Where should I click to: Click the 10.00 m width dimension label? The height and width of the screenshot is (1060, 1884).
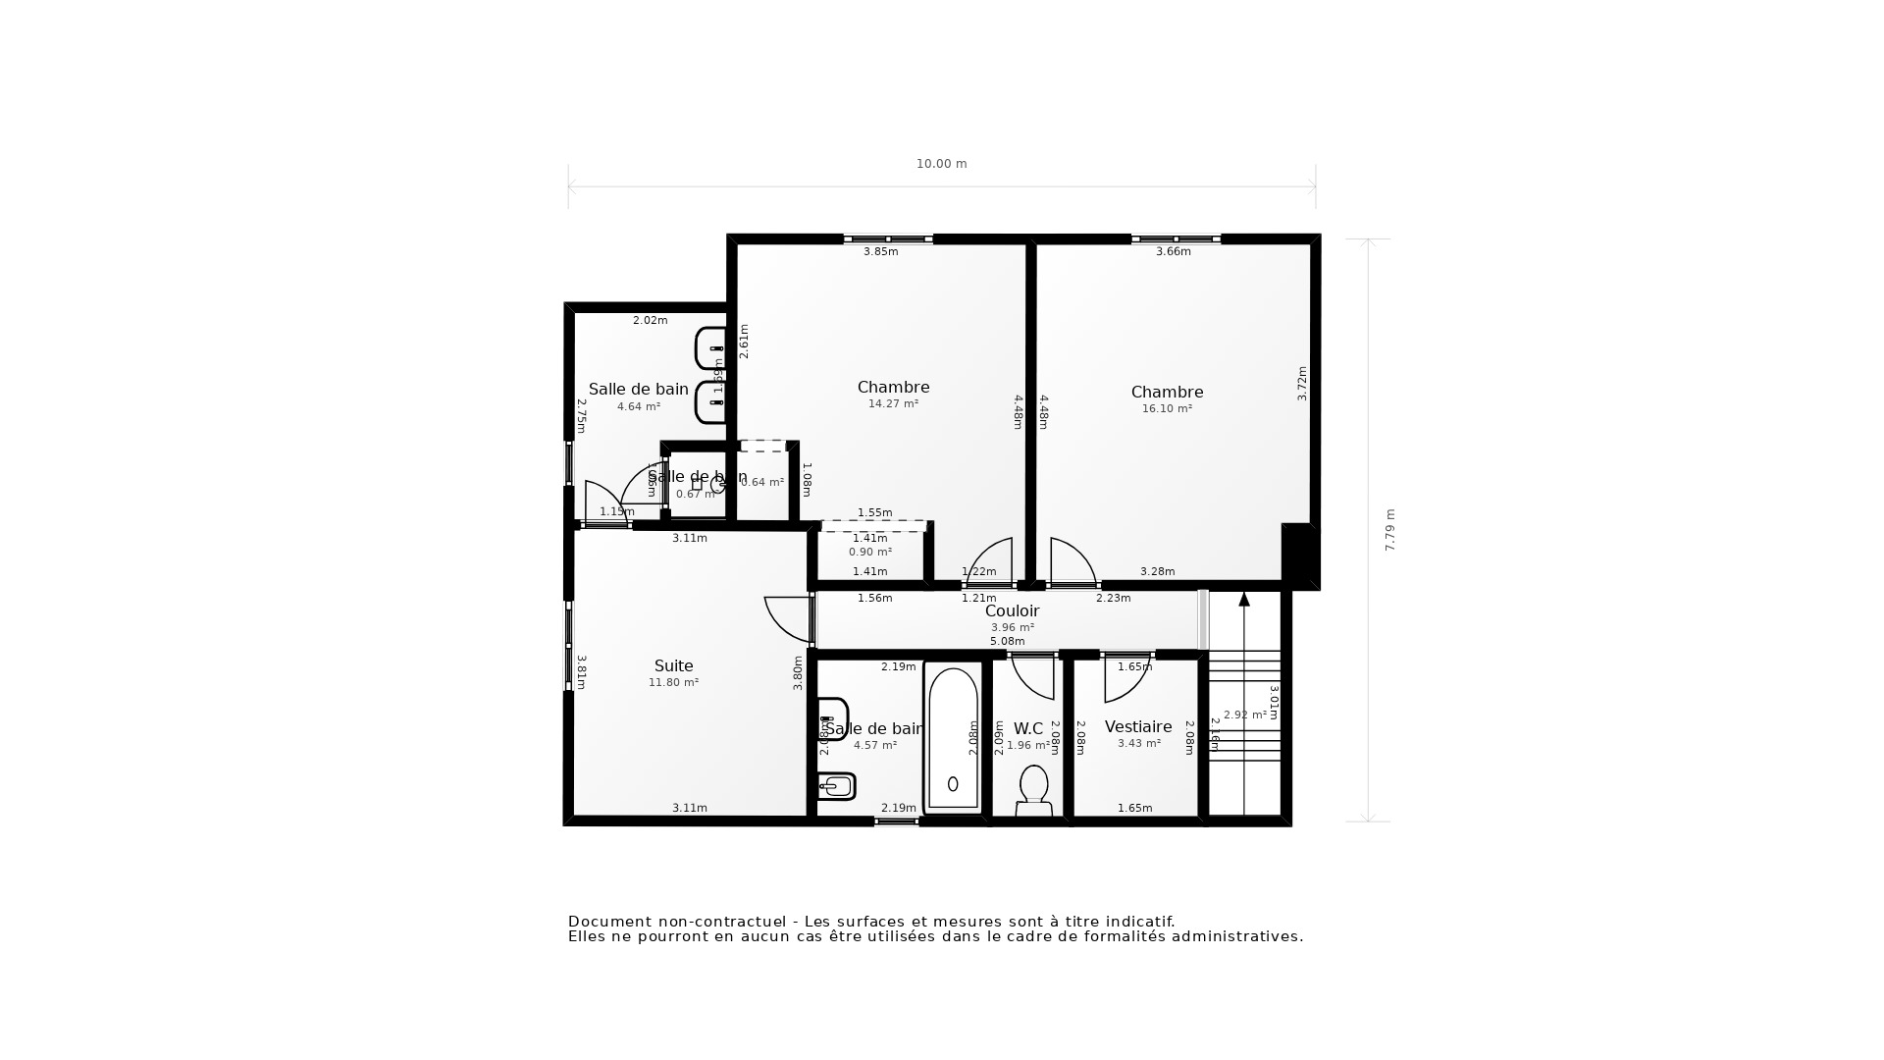click(941, 164)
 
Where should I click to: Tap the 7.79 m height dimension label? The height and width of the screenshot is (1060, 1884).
click(1389, 530)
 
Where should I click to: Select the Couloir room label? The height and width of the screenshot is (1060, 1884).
click(1012, 611)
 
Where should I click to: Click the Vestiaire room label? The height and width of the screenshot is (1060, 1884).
click(1138, 727)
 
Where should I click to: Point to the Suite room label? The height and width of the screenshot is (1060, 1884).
click(673, 666)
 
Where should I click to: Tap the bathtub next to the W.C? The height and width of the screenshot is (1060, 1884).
click(953, 738)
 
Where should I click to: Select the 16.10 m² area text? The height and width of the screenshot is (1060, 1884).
click(1167, 409)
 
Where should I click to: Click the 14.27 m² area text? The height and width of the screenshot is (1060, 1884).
click(893, 404)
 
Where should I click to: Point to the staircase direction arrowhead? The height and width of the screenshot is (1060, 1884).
click(1244, 599)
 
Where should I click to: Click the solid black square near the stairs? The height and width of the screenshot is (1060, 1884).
click(1298, 555)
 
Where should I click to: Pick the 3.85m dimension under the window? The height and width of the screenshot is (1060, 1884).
click(880, 252)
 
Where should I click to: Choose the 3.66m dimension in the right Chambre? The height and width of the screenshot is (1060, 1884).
click(1173, 252)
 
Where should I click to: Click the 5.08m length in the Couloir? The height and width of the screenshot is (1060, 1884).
click(1007, 642)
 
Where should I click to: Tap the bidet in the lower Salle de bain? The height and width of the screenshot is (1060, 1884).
click(837, 786)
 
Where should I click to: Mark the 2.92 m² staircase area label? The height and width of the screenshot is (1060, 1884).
click(1244, 715)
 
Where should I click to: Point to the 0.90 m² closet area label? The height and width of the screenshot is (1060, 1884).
click(869, 553)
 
